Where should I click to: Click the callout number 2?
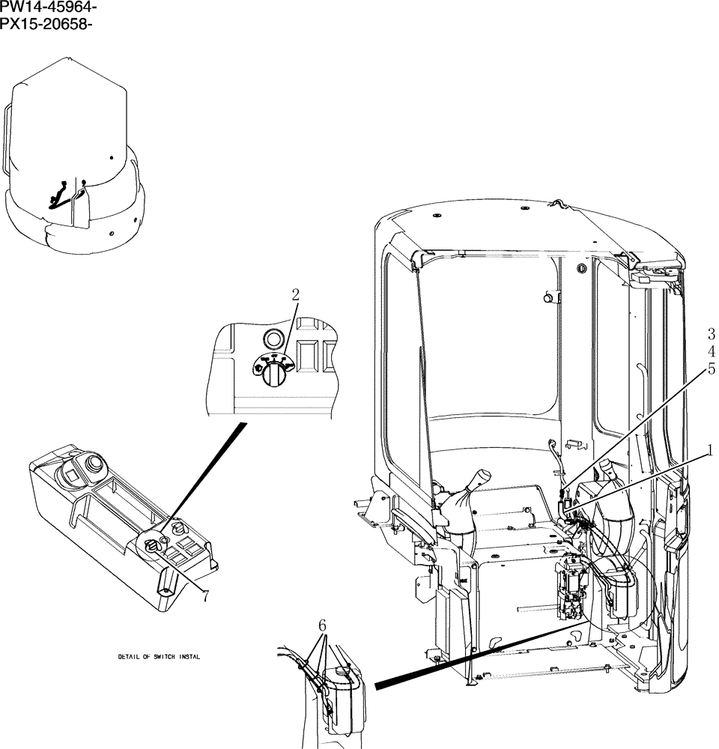pyautogui.click(x=295, y=294)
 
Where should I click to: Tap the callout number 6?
pyautogui.click(x=322, y=625)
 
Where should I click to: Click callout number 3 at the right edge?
pyautogui.click(x=711, y=334)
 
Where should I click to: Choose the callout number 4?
pyautogui.click(x=711, y=351)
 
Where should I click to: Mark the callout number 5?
pyautogui.click(x=711, y=369)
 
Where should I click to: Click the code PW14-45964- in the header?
pyautogui.click(x=49, y=8)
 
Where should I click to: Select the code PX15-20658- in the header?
pyautogui.click(x=48, y=23)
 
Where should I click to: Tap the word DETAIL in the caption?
pyautogui.click(x=130, y=657)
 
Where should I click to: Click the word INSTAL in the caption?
pyautogui.click(x=189, y=657)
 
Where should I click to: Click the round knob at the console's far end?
pyautogui.click(x=94, y=464)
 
